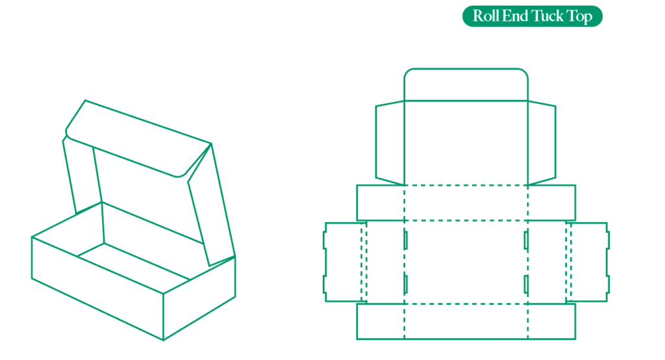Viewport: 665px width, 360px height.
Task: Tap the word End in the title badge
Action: tap(515, 16)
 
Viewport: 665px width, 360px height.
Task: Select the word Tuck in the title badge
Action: tap(547, 16)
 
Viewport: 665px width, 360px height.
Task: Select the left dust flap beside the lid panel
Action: tap(390, 143)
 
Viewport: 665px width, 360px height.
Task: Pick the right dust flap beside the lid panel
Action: tap(542, 143)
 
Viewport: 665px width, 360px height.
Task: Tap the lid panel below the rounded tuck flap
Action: tap(466, 143)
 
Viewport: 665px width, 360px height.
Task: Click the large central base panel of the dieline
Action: tap(466, 262)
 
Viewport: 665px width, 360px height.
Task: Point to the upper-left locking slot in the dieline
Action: tap(406, 240)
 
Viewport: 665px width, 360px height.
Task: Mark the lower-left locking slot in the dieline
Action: tap(406, 284)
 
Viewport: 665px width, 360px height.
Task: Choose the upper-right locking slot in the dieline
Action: tap(526, 240)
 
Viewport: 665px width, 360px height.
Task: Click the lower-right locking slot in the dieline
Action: tap(526, 284)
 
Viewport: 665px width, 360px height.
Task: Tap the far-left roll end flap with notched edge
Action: tap(343, 262)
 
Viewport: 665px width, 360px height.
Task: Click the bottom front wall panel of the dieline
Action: tap(466, 322)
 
